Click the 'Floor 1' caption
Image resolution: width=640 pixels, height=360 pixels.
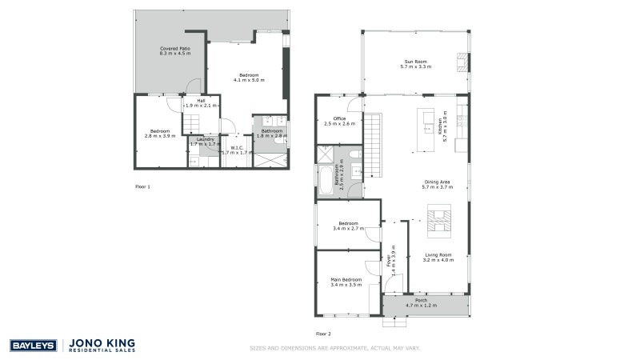click(142, 186)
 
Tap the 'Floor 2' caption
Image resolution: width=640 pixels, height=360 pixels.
click(323, 333)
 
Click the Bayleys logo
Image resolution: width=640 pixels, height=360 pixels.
click(32, 346)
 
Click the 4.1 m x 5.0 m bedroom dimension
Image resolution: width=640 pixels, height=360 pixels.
click(249, 80)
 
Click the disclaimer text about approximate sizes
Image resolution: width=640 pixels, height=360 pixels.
click(334, 348)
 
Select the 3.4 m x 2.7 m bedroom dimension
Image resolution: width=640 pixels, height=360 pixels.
click(348, 228)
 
